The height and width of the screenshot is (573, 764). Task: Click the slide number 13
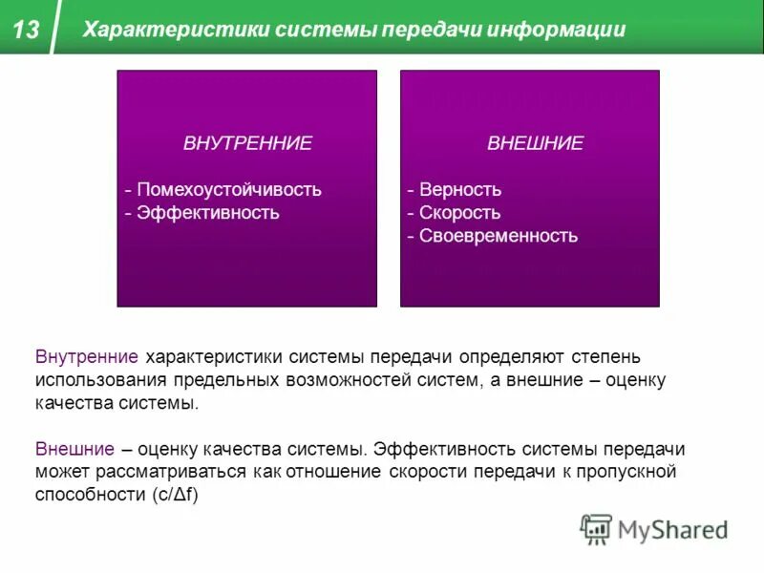click(x=27, y=29)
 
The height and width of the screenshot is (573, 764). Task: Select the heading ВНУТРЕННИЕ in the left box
click(x=247, y=143)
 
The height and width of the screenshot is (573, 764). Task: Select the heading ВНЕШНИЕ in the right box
click(x=535, y=143)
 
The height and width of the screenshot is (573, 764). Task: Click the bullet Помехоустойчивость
click(x=229, y=189)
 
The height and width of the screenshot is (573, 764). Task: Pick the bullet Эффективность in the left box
click(x=208, y=212)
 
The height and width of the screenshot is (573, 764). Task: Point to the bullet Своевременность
click(x=499, y=235)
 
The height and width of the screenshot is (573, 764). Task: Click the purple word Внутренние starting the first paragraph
click(x=88, y=357)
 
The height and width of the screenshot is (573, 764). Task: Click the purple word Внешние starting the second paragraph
click(x=76, y=449)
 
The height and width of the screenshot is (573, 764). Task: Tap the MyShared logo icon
click(x=596, y=528)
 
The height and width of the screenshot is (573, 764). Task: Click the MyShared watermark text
click(x=673, y=529)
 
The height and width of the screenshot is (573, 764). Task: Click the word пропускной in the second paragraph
click(x=630, y=472)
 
